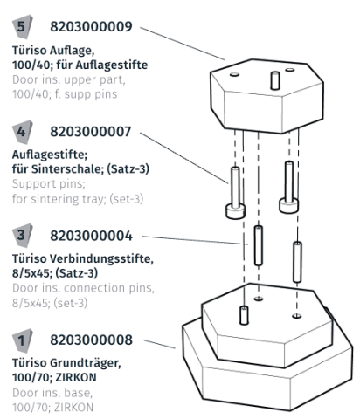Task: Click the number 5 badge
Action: tap(23, 26)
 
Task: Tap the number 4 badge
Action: tap(23, 132)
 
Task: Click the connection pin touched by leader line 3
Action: tap(259, 248)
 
